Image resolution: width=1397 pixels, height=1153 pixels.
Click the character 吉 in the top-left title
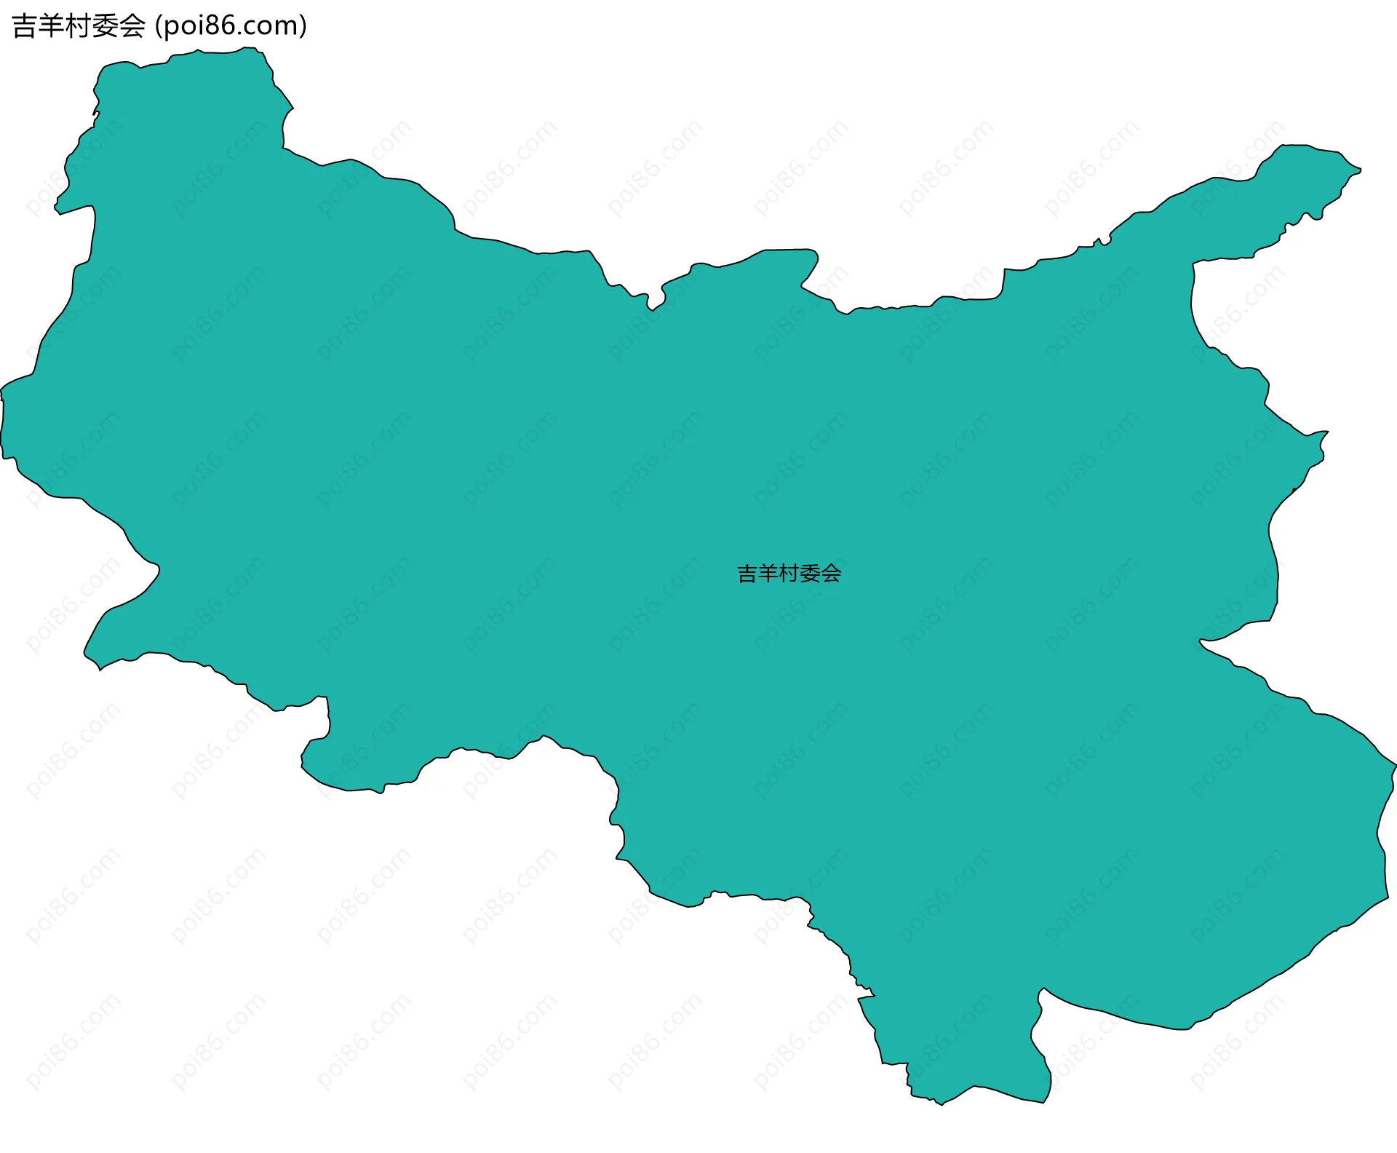(x=24, y=26)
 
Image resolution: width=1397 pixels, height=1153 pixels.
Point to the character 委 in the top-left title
(x=106, y=26)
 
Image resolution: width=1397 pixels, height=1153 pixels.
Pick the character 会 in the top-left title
(x=132, y=26)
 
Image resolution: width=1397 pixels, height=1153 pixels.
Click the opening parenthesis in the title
(x=158, y=26)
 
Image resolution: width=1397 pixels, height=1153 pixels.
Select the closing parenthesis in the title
(x=303, y=26)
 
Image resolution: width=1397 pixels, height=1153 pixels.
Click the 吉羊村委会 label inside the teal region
(x=789, y=574)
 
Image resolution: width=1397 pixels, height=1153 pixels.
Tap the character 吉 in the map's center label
(x=747, y=574)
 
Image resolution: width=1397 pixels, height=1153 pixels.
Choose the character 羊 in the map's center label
(x=768, y=574)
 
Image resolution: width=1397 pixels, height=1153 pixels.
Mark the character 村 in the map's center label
(x=789, y=574)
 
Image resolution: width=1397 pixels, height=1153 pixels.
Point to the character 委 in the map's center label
(x=811, y=574)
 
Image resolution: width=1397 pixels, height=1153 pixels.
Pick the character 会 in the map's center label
(x=832, y=574)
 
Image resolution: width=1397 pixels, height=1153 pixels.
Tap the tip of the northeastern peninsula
(x=1359, y=170)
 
